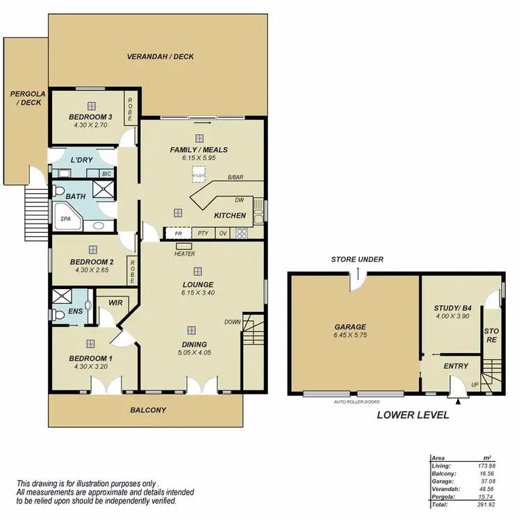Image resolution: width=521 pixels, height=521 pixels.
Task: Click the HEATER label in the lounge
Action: tap(184, 254)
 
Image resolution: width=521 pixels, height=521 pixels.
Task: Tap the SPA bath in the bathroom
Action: tap(66, 219)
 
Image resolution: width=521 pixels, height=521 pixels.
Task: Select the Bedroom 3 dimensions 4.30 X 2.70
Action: tap(91, 126)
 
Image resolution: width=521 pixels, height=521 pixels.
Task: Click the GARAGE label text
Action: tap(350, 327)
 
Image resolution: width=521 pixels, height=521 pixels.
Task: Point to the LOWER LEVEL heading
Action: tap(413, 415)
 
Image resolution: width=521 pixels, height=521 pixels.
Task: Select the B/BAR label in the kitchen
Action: tap(236, 178)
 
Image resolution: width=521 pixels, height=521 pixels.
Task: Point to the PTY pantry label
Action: tap(203, 233)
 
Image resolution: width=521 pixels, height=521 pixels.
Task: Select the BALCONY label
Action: tap(149, 410)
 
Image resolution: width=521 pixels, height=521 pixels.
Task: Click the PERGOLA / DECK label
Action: tap(26, 97)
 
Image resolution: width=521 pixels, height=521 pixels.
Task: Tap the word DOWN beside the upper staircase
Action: tap(232, 322)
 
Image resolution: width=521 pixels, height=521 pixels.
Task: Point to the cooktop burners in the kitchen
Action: tap(242, 233)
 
